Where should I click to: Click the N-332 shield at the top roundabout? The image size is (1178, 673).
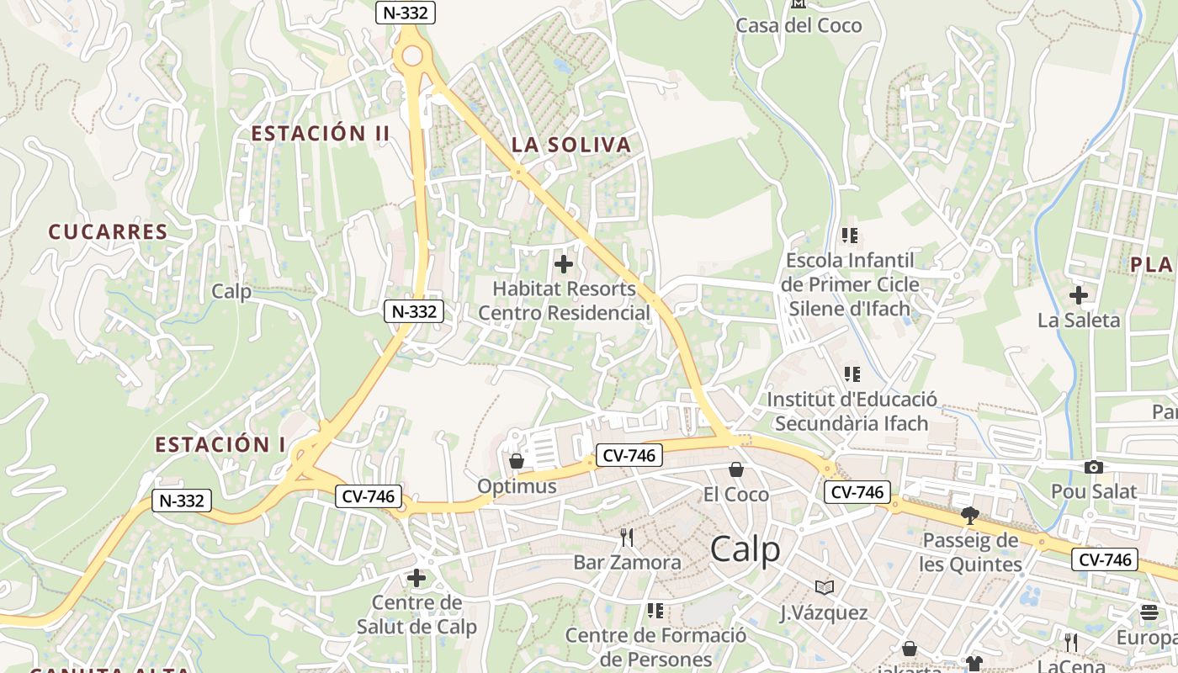click(x=405, y=13)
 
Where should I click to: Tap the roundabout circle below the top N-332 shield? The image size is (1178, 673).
click(x=412, y=56)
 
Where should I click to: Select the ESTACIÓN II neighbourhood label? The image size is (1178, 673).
click(x=321, y=133)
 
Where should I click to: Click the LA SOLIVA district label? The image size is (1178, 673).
click(x=571, y=145)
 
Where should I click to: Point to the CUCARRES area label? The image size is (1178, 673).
click(x=108, y=232)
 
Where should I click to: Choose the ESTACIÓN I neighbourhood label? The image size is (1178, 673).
click(x=220, y=444)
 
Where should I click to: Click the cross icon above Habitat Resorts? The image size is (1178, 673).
click(x=564, y=265)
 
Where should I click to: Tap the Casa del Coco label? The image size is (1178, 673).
click(x=799, y=25)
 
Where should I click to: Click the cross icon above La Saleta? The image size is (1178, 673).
click(x=1078, y=295)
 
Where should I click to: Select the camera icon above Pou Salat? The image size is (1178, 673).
click(x=1093, y=467)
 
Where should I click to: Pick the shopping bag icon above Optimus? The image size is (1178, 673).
click(x=517, y=461)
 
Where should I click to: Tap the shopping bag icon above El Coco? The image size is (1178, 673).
click(x=736, y=469)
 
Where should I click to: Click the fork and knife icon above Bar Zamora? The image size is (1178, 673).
click(x=627, y=537)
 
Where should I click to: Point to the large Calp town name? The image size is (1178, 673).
click(x=745, y=549)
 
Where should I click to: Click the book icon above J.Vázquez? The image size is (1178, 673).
click(x=824, y=587)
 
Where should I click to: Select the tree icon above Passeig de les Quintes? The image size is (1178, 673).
click(x=970, y=515)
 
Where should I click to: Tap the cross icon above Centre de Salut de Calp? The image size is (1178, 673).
click(x=417, y=578)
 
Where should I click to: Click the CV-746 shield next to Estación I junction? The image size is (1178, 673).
click(x=369, y=496)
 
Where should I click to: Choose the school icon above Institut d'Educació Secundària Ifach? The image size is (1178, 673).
click(x=852, y=374)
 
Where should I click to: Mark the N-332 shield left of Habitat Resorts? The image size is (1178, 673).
click(x=413, y=311)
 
